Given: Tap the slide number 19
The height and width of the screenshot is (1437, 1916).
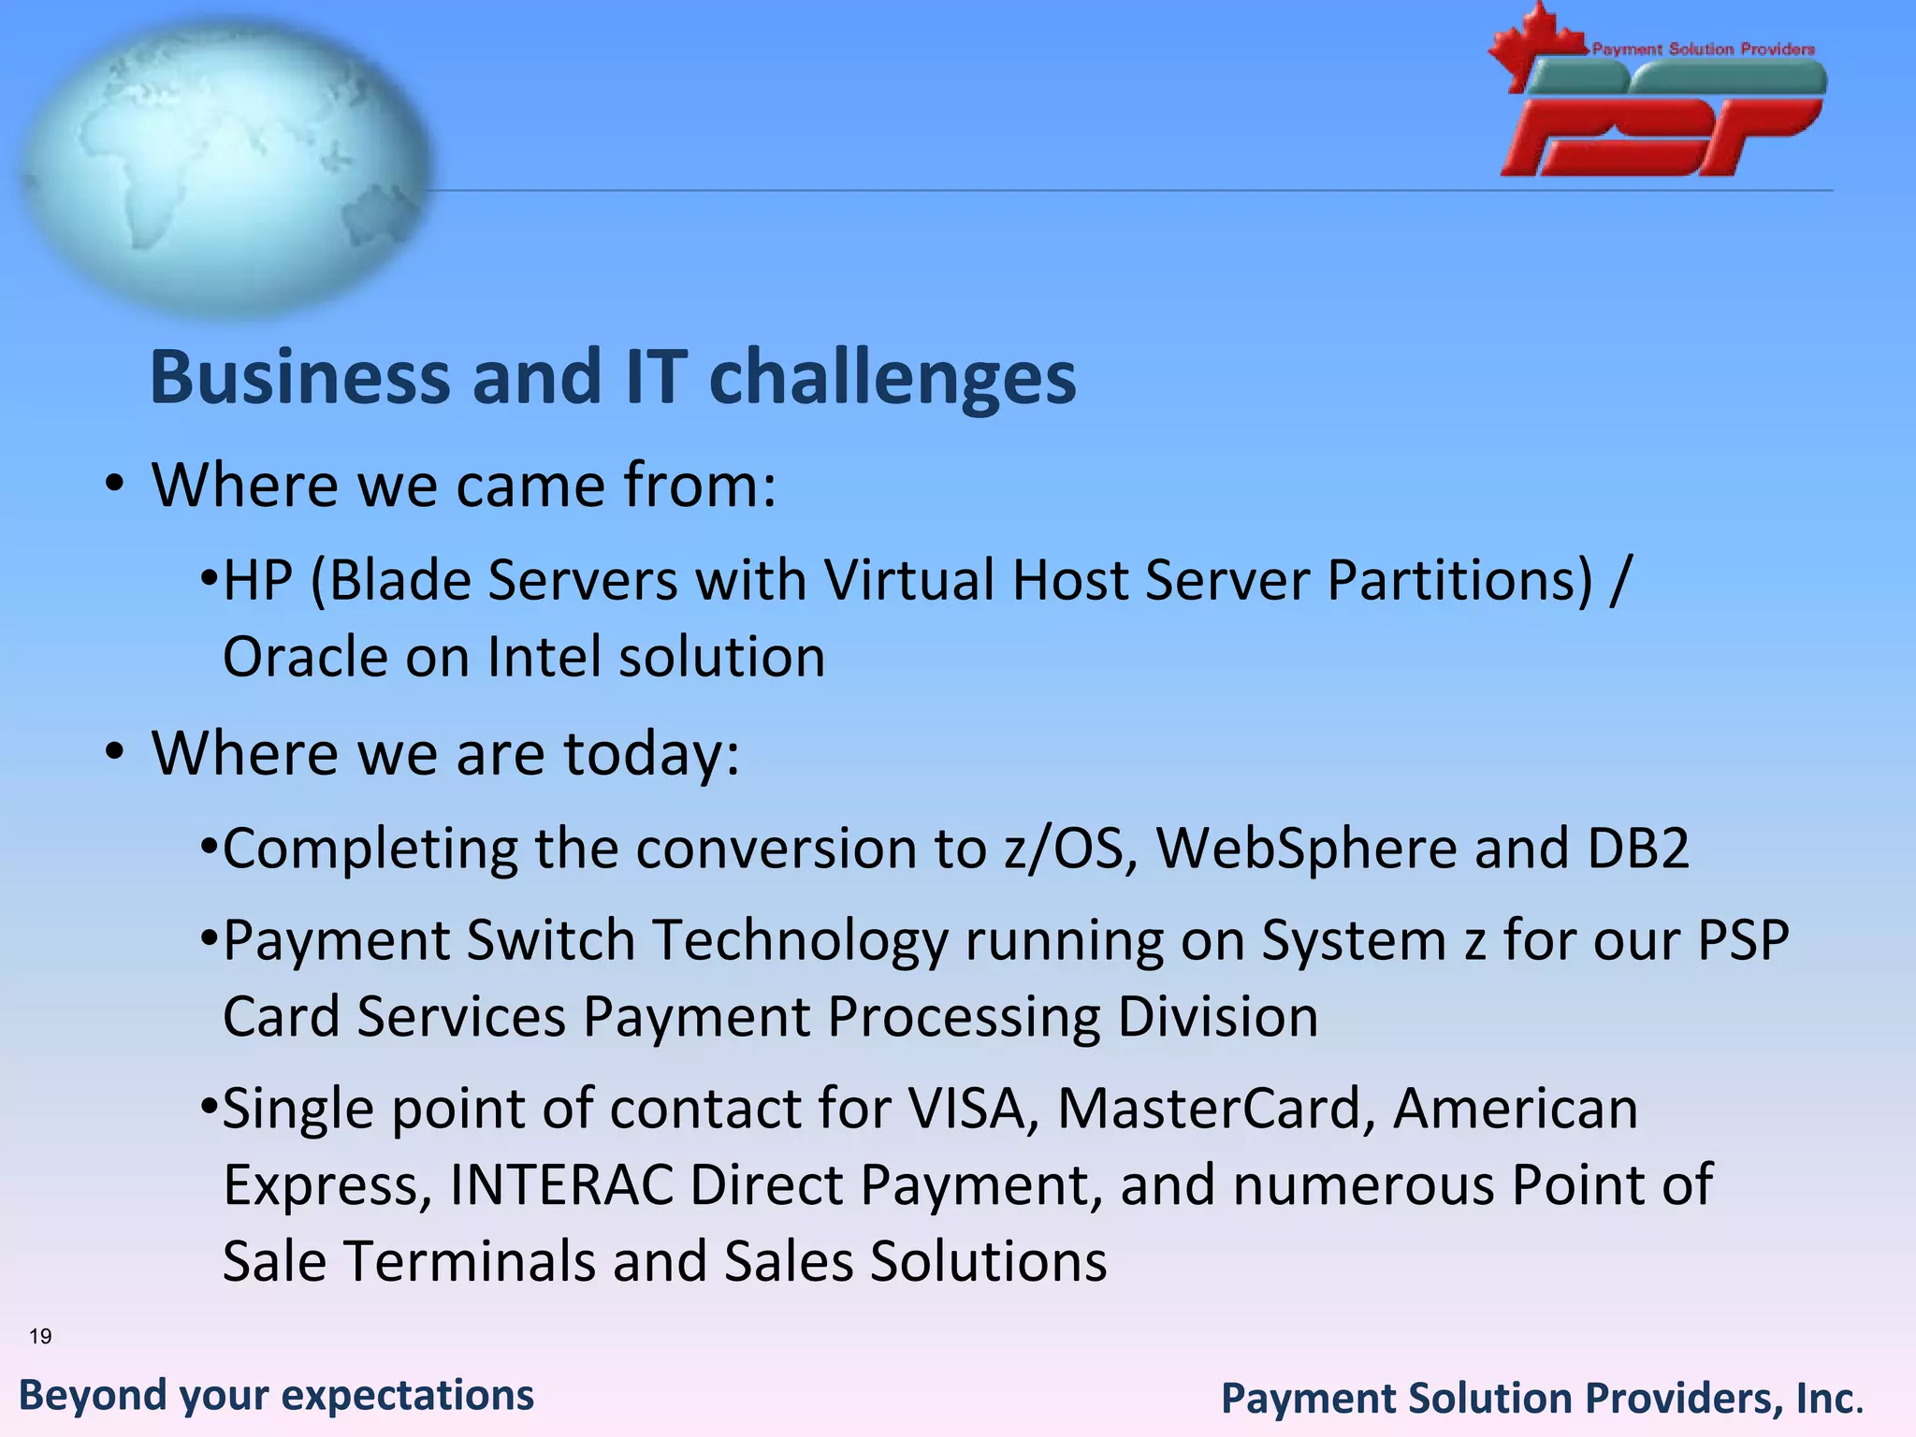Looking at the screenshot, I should [x=40, y=1336].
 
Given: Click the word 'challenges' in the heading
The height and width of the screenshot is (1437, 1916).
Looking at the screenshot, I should [x=893, y=377].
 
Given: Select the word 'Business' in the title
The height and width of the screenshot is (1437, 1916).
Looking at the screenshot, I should [x=300, y=377].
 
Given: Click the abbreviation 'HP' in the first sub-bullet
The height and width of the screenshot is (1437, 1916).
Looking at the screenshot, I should [x=258, y=580].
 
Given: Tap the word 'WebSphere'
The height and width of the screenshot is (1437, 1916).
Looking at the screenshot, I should [x=1306, y=849].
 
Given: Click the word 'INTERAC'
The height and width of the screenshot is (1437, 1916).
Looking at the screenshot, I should [x=561, y=1185].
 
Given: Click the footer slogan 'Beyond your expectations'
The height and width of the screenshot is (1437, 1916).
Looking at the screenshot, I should [x=277, y=1395].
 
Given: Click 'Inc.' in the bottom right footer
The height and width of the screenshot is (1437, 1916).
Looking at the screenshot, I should [x=1829, y=1399].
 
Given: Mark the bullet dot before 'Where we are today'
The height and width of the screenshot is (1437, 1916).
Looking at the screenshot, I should [x=114, y=753].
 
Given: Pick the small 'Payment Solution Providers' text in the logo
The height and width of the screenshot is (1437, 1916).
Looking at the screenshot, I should [x=1703, y=49].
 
